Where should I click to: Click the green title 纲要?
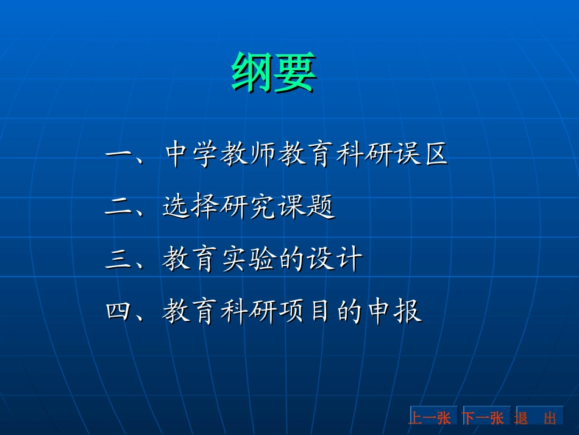tap(274, 72)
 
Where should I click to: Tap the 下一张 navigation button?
tap(483, 417)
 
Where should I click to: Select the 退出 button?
tap(536, 417)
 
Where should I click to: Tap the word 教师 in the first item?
tap(250, 156)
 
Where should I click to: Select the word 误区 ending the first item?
tap(420, 156)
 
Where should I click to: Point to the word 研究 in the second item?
tap(249, 208)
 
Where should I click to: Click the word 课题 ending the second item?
tap(307, 208)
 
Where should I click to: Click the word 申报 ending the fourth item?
tap(393, 312)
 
